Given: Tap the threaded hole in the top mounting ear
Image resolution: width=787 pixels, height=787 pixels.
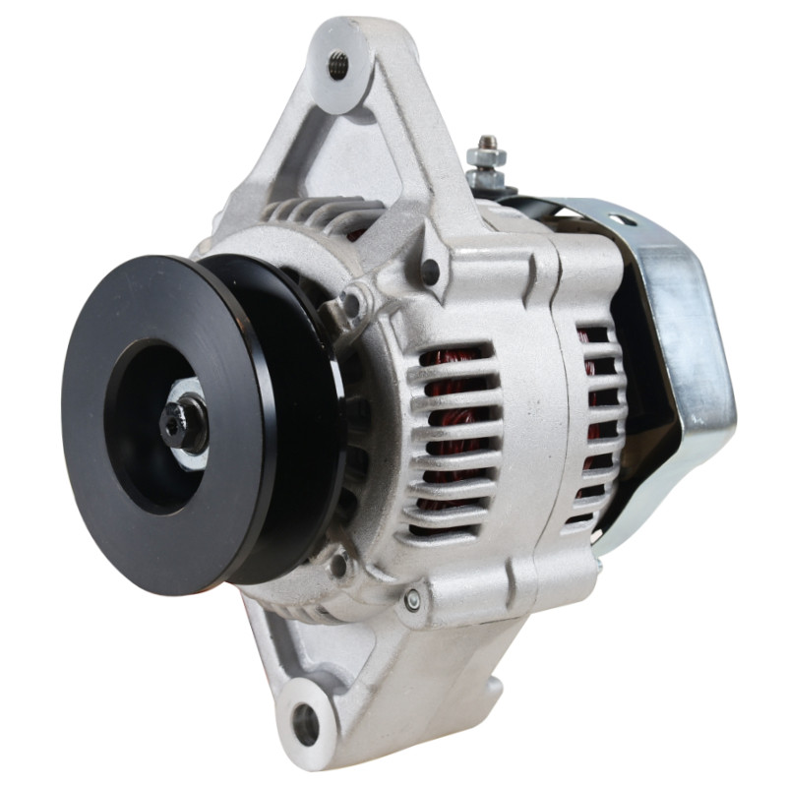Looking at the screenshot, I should [x=337, y=66].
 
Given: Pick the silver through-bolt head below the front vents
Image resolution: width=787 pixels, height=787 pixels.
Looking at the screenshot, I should [x=413, y=596].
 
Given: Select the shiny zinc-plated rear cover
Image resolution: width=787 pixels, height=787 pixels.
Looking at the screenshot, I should [x=679, y=374].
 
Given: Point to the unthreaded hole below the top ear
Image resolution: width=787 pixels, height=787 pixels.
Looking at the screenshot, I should [x=429, y=267].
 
